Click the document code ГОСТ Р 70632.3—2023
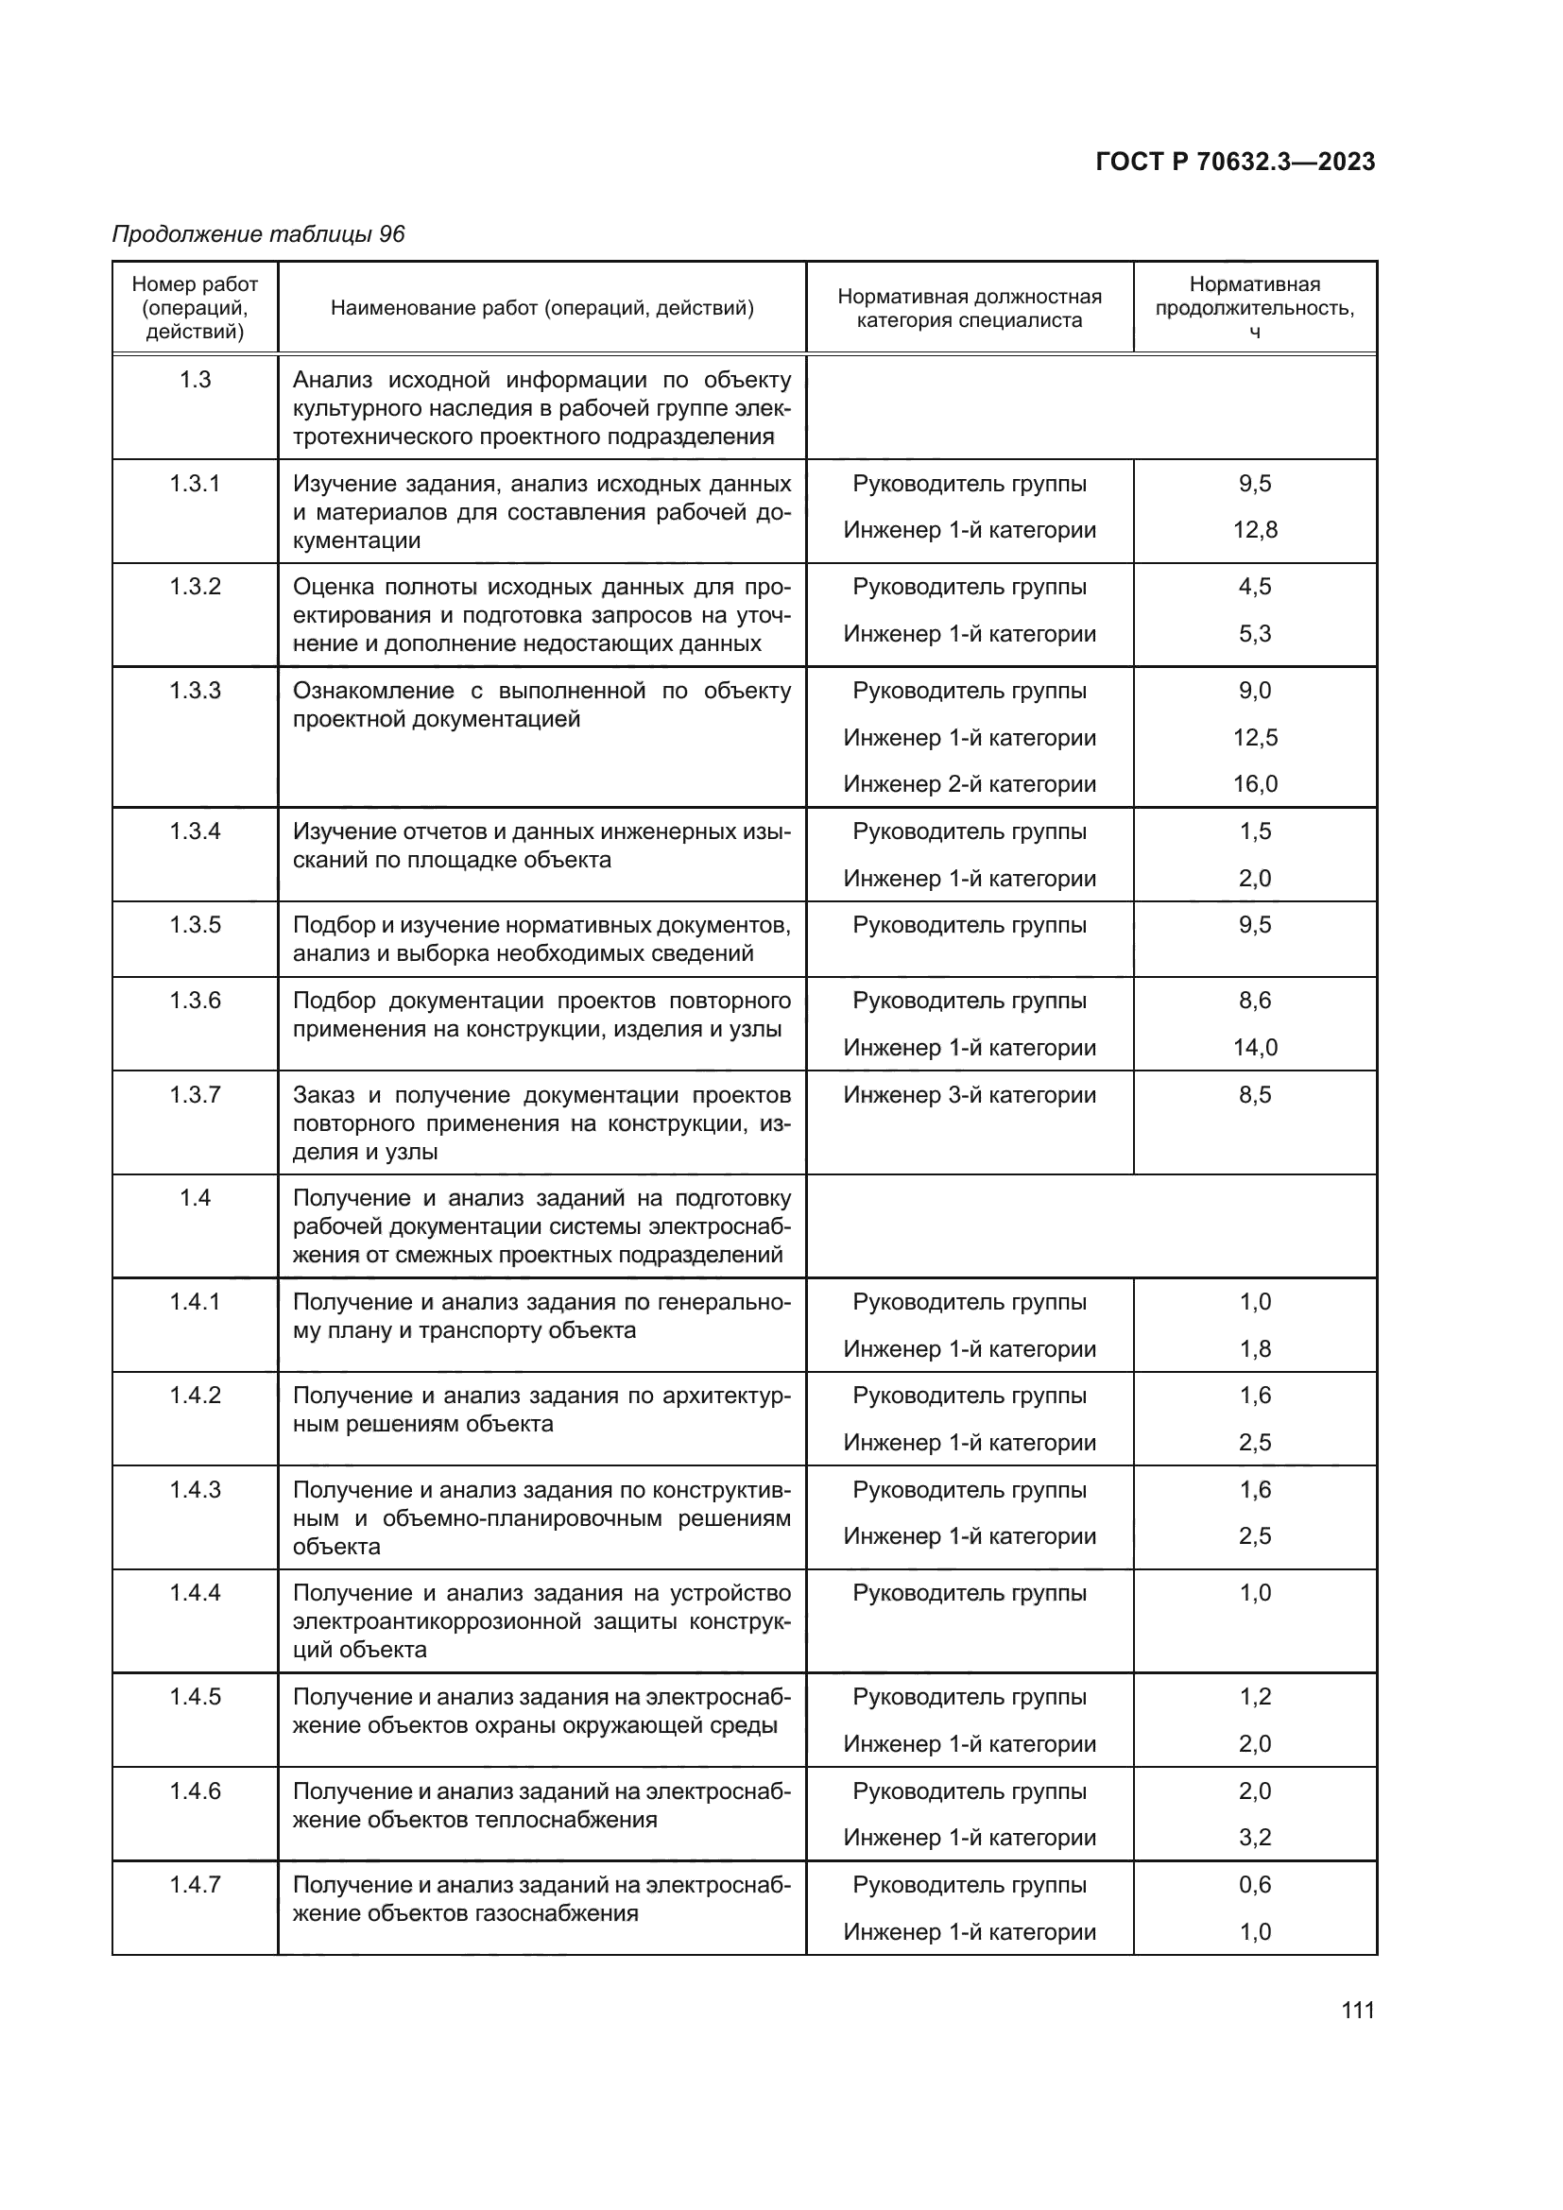(1235, 162)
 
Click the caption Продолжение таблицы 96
(258, 234)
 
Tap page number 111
(1357, 2010)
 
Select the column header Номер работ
(195, 285)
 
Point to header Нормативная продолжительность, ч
(1254, 307)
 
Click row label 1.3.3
(195, 690)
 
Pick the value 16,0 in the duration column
(1254, 783)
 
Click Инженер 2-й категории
(970, 783)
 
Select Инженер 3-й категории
(970, 1094)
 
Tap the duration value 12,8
(1254, 529)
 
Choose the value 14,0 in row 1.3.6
(1254, 1047)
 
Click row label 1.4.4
(195, 1592)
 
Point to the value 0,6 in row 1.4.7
(1254, 1884)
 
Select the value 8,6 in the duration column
(1254, 1000)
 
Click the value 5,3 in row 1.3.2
(1254, 633)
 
